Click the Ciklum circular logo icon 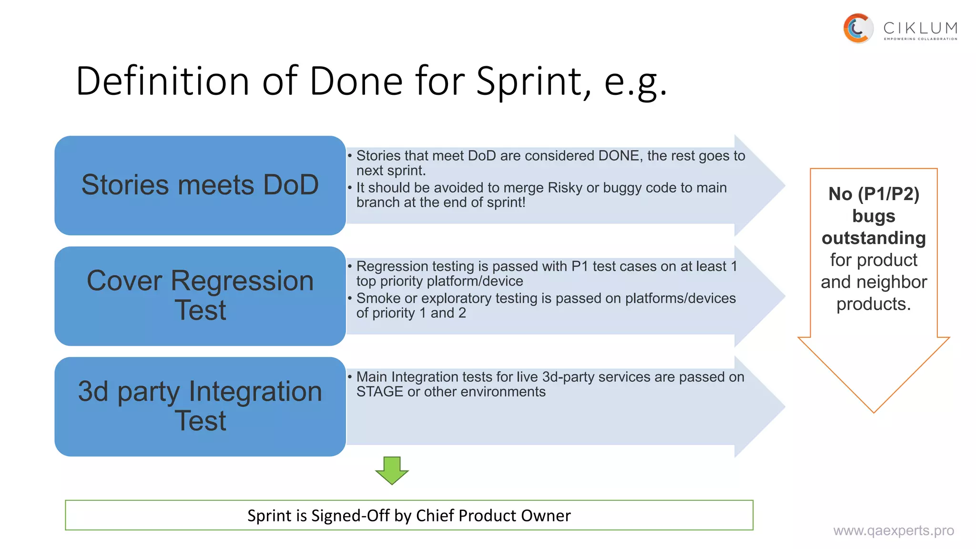pos(858,29)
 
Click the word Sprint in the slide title pos(533,81)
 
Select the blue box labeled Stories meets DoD pos(200,185)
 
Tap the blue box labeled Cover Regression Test pos(200,295)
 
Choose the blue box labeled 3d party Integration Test pos(200,406)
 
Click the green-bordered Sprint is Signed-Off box pos(409,515)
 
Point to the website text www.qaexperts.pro pos(893,530)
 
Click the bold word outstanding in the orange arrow pos(874,238)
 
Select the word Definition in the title pos(163,81)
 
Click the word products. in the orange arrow pos(874,304)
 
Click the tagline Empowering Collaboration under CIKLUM pos(920,39)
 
